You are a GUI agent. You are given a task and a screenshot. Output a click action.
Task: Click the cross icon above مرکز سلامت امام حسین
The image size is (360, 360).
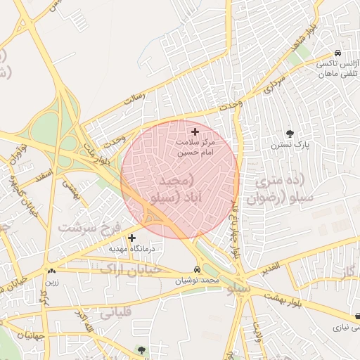(195, 131)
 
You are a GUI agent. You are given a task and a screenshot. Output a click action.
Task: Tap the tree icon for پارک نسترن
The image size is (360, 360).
(290, 134)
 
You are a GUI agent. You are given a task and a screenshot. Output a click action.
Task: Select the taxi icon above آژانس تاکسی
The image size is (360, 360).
(338, 53)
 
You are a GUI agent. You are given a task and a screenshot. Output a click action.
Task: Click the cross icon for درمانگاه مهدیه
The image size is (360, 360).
(131, 238)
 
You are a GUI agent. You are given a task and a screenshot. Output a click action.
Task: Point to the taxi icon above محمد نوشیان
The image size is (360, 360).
(196, 270)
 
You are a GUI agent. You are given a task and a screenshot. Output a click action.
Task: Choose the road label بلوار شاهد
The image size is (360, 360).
(310, 29)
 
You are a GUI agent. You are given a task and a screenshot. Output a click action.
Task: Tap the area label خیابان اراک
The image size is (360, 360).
(131, 269)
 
